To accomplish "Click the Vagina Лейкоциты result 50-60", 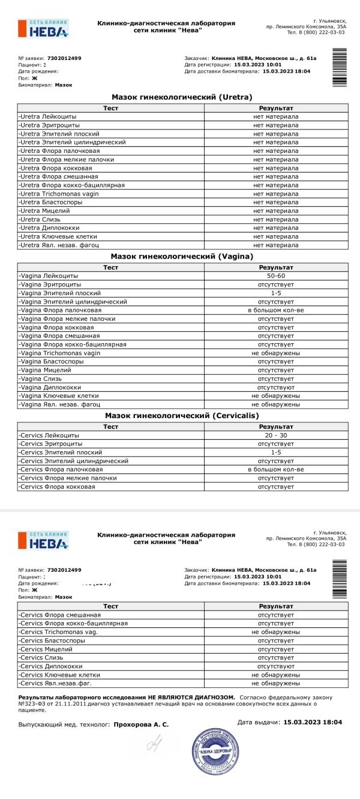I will coord(275,275).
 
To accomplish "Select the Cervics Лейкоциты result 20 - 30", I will coord(275,435).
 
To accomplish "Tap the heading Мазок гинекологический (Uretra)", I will coord(182,97).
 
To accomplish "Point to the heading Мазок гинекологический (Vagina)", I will coord(182,256).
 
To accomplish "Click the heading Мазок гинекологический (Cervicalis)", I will coord(182,415).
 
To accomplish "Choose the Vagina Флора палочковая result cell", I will coord(275,310).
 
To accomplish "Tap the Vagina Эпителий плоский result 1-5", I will coord(275,293).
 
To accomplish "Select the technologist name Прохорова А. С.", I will coord(141,725).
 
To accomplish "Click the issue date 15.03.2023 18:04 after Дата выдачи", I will coord(313,722).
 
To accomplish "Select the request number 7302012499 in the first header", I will coord(64,58).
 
